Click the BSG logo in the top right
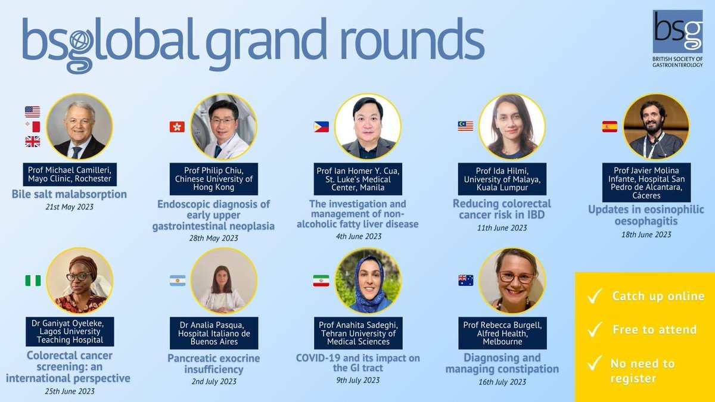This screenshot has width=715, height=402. click(677, 31)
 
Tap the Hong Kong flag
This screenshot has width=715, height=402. click(177, 126)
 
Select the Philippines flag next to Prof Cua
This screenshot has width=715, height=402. click(321, 126)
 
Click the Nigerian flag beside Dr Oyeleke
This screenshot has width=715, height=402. click(33, 281)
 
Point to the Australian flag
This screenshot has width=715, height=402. click(465, 281)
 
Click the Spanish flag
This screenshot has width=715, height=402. click(610, 126)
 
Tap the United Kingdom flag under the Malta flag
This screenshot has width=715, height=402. click(33, 141)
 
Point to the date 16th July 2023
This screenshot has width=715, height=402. click(502, 382)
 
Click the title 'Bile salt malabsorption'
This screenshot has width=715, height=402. click(69, 194)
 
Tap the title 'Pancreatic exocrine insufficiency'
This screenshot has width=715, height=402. click(213, 364)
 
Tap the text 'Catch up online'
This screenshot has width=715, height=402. click(658, 297)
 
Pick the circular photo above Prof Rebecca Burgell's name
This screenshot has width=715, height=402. click(512, 281)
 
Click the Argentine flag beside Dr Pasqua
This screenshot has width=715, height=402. click(177, 281)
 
